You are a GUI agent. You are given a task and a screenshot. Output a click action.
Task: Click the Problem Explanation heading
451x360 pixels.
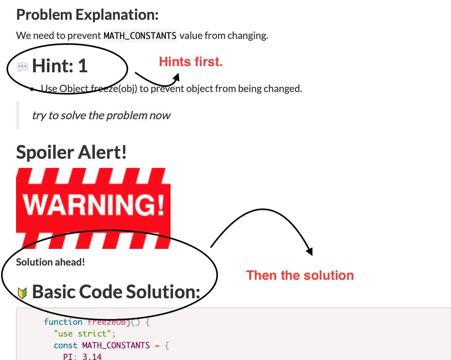87,15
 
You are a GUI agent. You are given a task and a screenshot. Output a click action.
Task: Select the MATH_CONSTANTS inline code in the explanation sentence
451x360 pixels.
140,36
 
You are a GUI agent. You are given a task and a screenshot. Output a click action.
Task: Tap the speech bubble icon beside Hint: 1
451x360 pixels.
22,67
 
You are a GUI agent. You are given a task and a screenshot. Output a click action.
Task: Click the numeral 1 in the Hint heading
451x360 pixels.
83,66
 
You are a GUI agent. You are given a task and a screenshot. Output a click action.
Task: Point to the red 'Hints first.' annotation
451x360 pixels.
191,62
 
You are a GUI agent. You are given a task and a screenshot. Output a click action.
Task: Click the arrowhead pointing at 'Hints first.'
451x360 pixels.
177,77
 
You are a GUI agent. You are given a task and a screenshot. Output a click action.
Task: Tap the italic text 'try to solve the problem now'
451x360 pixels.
101,115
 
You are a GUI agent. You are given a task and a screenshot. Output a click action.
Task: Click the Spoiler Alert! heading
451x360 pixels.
71,153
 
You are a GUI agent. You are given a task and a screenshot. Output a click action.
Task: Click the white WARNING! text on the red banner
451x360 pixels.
93,205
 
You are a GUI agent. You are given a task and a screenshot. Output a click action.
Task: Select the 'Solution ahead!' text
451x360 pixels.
50,262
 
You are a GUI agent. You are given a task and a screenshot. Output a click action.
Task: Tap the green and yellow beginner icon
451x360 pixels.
22,293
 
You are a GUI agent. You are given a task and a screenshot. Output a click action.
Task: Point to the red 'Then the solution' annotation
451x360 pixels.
300,275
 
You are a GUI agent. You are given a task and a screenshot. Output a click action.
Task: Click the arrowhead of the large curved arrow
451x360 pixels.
310,252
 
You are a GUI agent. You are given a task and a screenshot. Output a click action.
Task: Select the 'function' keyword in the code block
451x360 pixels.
63,322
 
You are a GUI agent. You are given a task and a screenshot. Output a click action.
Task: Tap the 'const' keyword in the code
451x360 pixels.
65,345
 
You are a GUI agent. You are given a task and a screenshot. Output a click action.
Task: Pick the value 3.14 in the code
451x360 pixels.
92,357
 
